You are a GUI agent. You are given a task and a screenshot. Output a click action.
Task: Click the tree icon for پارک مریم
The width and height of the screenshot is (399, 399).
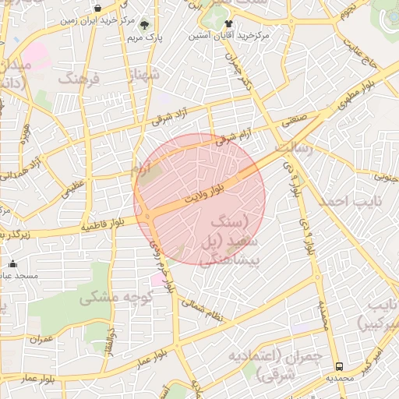pyautogui.click(x=143, y=23)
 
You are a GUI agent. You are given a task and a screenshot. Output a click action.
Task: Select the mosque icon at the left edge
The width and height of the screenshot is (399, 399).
pyautogui.click(x=12, y=263)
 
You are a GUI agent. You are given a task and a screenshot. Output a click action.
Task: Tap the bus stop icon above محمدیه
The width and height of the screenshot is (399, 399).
pyautogui.click(x=339, y=366)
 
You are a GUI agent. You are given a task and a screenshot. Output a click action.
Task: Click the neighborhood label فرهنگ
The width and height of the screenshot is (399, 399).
pyautogui.click(x=79, y=79)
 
